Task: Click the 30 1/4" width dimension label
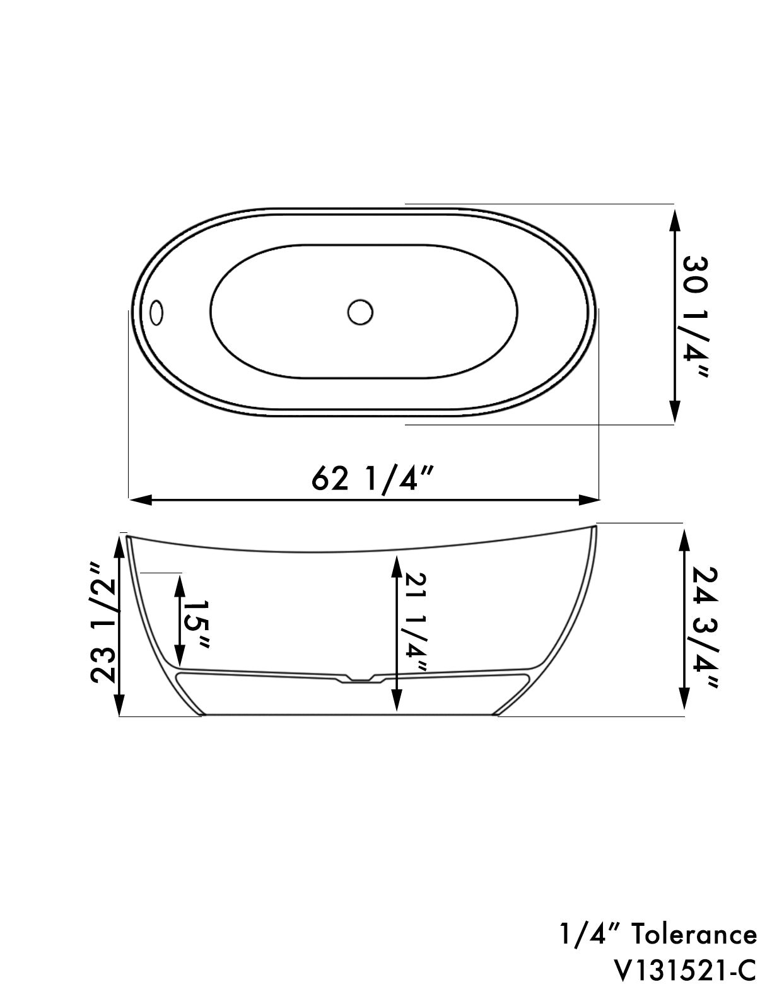click(x=694, y=316)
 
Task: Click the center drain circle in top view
click(x=360, y=312)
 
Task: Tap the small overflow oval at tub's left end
click(x=156, y=312)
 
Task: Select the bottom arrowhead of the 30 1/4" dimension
click(x=674, y=411)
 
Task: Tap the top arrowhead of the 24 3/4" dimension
click(x=683, y=540)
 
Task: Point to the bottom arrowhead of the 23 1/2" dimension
click(x=120, y=703)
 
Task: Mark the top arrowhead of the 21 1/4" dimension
click(x=396, y=567)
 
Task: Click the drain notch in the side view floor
click(x=357, y=679)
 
